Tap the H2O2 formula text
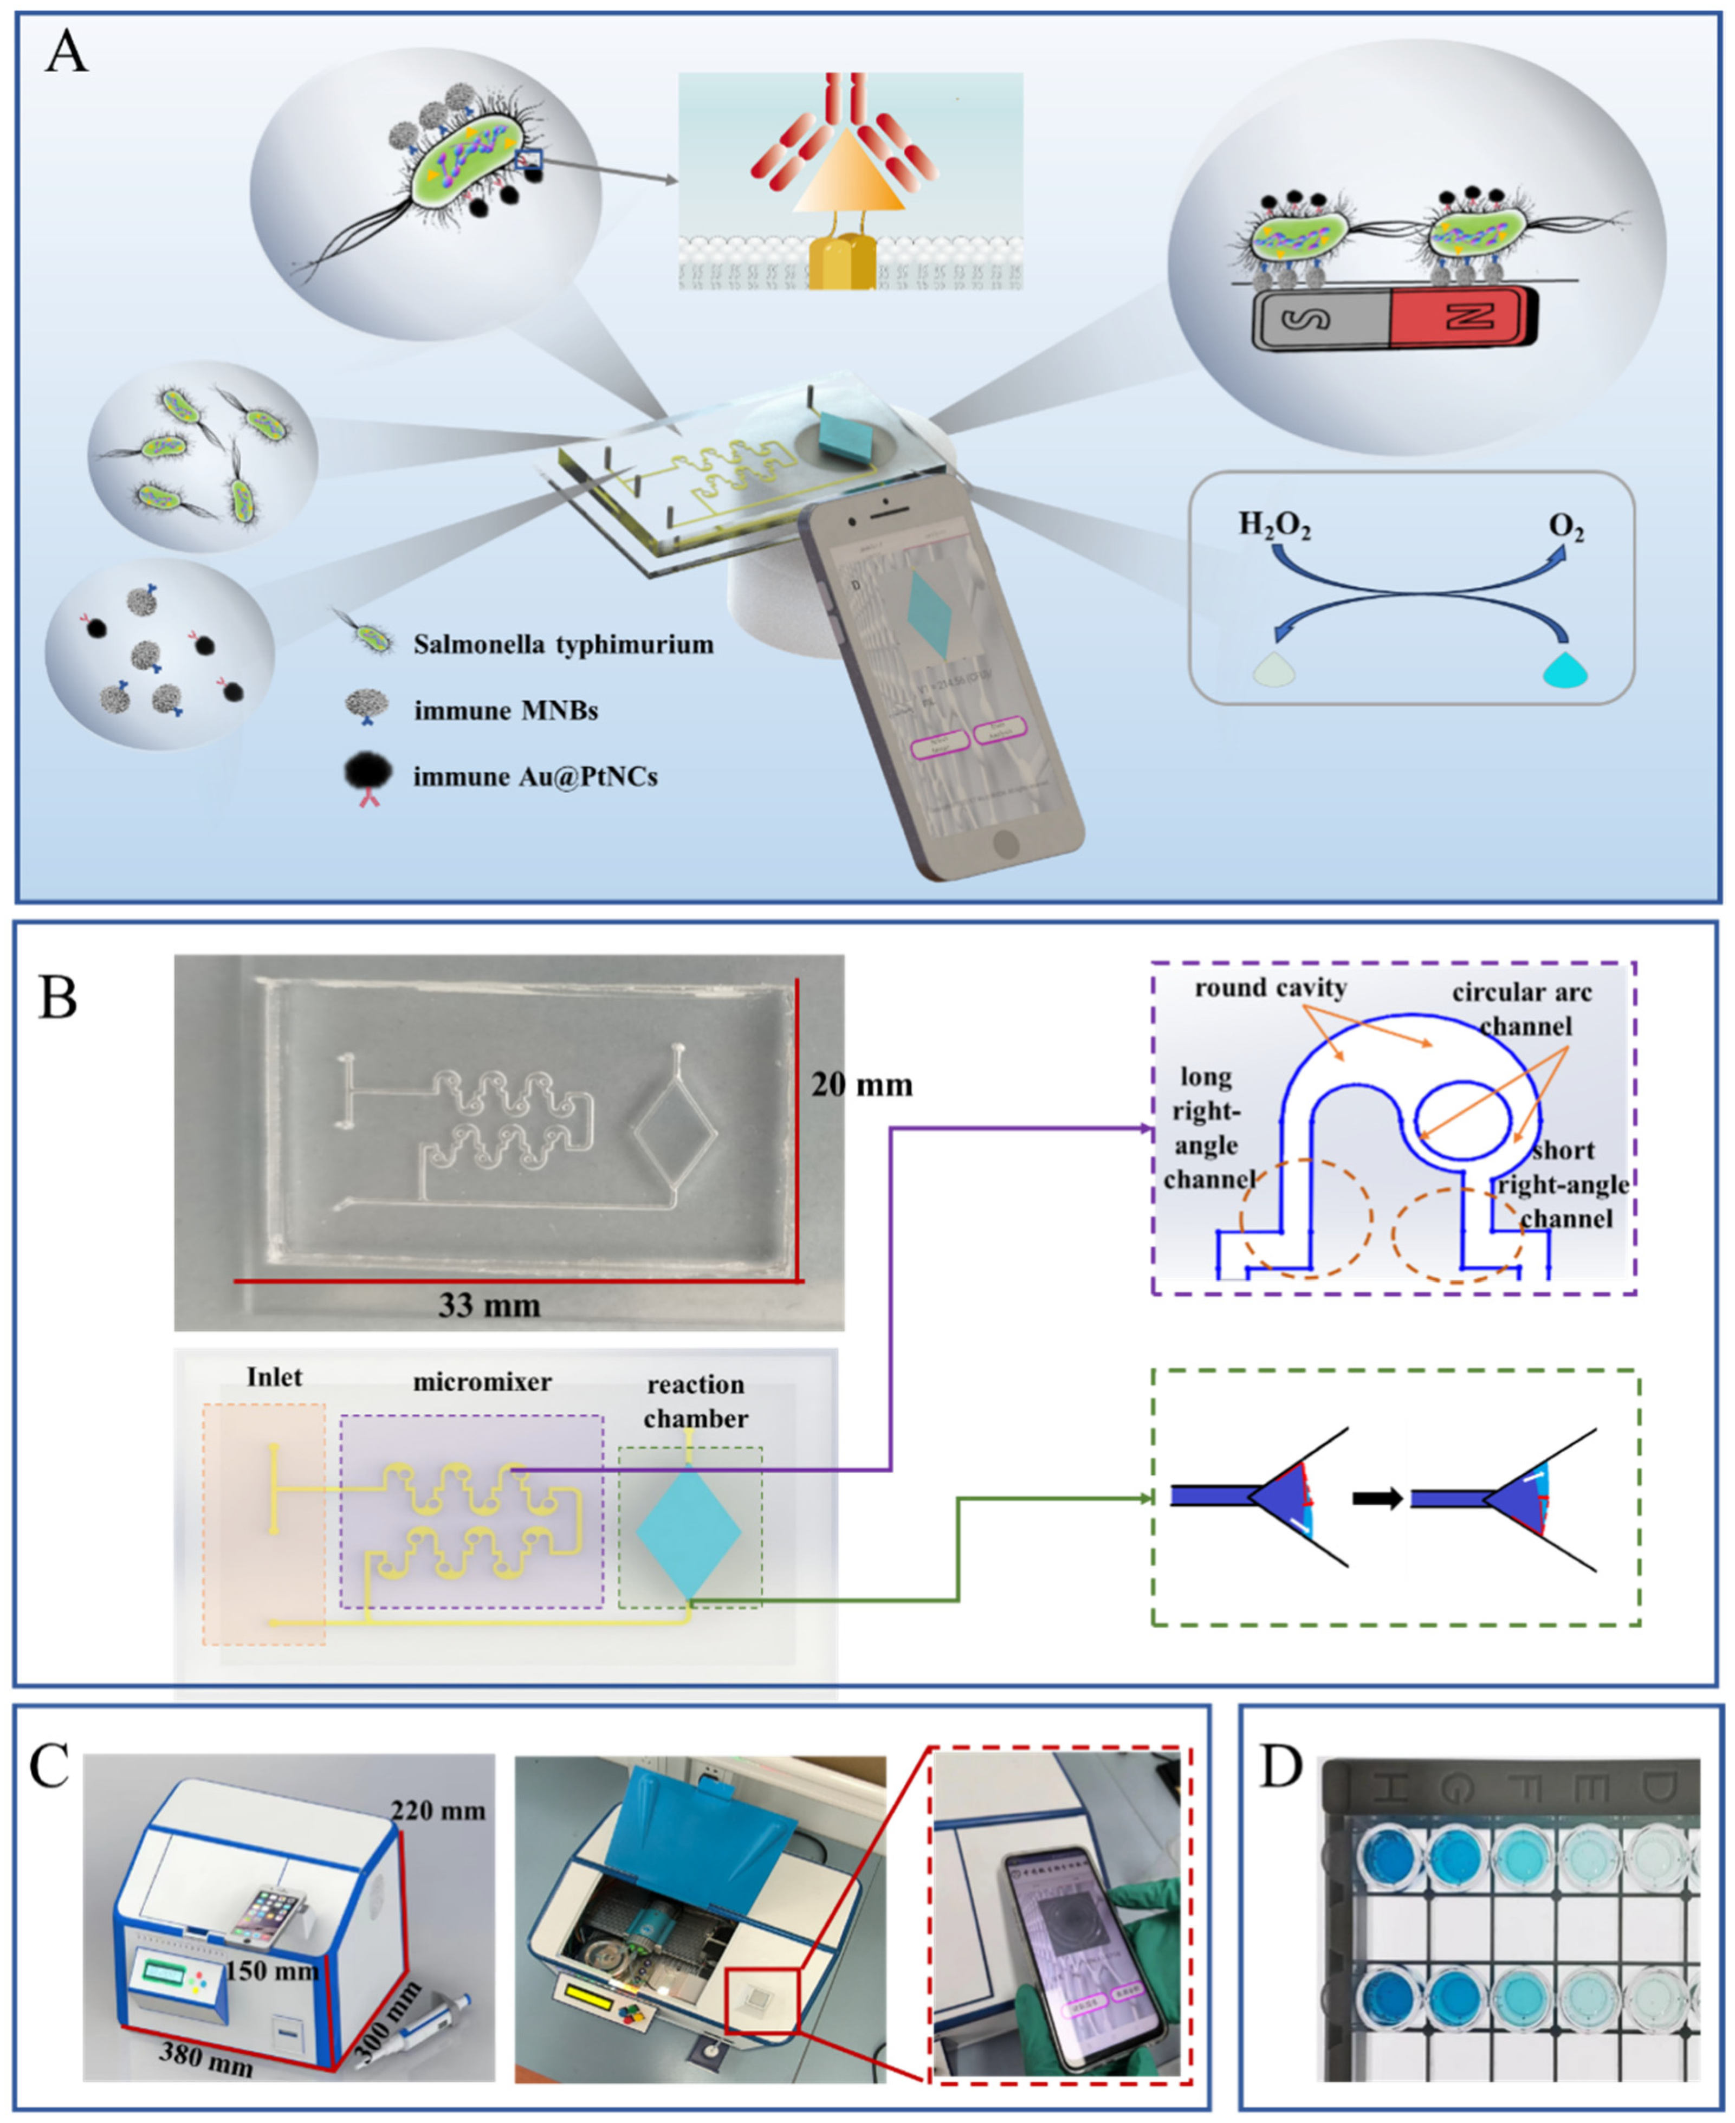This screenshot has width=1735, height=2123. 1274,526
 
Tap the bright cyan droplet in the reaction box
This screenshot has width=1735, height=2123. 1565,670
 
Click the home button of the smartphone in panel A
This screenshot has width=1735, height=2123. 1006,843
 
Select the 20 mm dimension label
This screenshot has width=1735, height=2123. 862,1084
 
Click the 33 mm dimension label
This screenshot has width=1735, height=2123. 489,1304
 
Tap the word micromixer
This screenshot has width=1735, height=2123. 482,1382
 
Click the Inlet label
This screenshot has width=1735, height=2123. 274,1377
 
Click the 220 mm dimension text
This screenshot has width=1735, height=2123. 438,1810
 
